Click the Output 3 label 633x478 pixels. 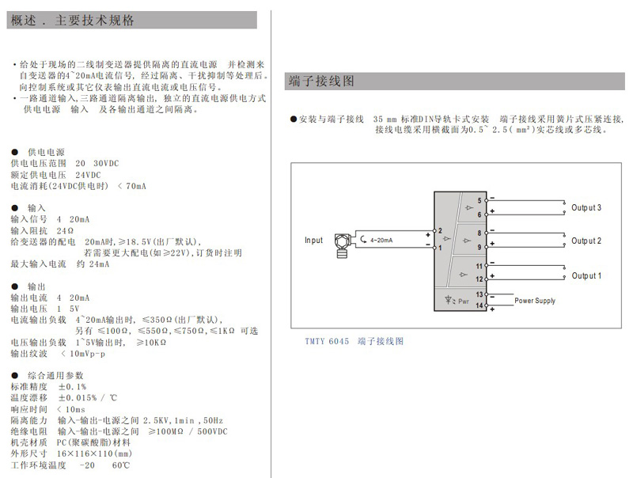click(x=586, y=207)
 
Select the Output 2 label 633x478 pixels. click(x=586, y=241)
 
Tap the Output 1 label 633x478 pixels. click(x=586, y=275)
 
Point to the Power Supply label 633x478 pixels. click(x=535, y=301)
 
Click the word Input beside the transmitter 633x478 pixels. click(x=313, y=241)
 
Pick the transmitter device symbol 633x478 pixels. click(x=342, y=245)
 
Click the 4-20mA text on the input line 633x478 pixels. click(x=381, y=241)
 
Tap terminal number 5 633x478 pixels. click(x=479, y=201)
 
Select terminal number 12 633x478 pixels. click(x=479, y=279)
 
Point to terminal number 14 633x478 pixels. click(x=479, y=305)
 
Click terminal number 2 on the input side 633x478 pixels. click(x=440, y=231)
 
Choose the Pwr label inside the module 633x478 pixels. click(x=464, y=302)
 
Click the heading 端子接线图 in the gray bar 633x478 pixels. click(x=321, y=82)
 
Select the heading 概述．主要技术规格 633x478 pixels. click(x=72, y=21)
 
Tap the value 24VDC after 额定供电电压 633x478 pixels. click(x=88, y=175)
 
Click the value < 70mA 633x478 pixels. click(x=131, y=186)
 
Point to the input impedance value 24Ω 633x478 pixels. click(x=65, y=230)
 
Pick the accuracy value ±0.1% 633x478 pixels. click(x=72, y=386)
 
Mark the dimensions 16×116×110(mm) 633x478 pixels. click(x=94, y=453)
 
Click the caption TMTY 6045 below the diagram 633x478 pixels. click(x=327, y=341)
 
